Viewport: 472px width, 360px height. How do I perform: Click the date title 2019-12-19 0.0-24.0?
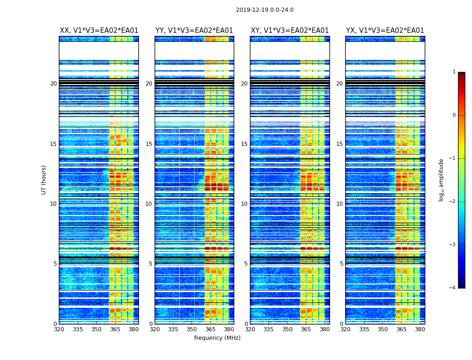[265, 10]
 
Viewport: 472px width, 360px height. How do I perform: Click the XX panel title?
[99, 31]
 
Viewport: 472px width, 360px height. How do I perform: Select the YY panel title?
[194, 31]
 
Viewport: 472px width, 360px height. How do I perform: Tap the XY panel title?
[290, 31]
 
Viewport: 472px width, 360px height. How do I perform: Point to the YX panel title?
[385, 31]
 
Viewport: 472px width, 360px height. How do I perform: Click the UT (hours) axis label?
[44, 180]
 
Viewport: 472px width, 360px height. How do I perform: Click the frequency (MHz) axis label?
[217, 338]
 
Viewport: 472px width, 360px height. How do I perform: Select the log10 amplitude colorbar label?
[441, 180]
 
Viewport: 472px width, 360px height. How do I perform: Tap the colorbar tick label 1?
[454, 72]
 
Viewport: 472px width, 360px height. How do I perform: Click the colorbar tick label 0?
[454, 115]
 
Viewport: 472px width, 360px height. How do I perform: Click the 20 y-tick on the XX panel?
[53, 84]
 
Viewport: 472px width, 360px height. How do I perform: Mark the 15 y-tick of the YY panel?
[149, 144]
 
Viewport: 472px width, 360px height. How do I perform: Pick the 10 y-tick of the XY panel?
[244, 204]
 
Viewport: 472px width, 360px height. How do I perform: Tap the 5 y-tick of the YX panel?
[341, 264]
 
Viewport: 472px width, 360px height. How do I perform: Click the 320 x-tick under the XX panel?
[59, 329]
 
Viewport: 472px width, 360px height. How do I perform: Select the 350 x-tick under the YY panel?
[192, 329]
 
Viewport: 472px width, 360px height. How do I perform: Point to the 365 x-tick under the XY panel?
[306, 329]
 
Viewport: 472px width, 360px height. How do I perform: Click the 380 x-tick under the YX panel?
[420, 329]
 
